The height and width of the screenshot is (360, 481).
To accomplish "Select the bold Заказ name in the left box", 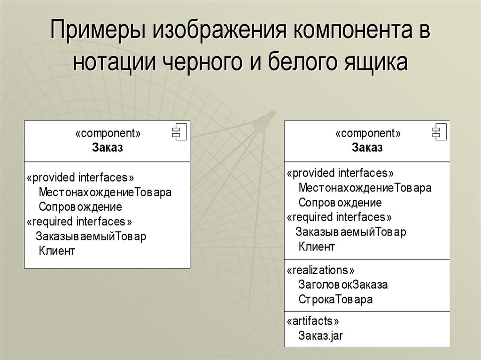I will tap(108, 148).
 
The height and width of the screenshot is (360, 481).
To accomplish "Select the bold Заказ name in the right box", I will tap(367, 148).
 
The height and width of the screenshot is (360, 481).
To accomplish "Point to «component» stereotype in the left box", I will tap(108, 134).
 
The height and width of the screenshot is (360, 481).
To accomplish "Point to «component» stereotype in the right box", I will tap(368, 134).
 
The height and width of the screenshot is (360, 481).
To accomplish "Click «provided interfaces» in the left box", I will tap(80, 178).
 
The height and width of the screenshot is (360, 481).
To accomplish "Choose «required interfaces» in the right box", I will tap(339, 217).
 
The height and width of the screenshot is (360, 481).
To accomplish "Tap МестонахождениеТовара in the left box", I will tap(105, 192).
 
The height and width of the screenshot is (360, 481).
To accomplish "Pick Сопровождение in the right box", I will tap(340, 203).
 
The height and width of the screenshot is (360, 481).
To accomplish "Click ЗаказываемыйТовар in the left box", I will tap(91, 236).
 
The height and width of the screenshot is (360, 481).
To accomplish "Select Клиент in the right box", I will tap(317, 246).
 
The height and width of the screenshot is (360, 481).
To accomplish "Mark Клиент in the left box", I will tap(57, 251).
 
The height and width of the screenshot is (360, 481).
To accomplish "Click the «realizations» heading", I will tap(320, 270).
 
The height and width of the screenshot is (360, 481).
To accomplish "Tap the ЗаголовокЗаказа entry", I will tap(343, 285).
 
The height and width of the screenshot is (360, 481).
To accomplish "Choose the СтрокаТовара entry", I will tap(335, 299).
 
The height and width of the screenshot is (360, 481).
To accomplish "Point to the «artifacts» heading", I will tap(312, 322).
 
